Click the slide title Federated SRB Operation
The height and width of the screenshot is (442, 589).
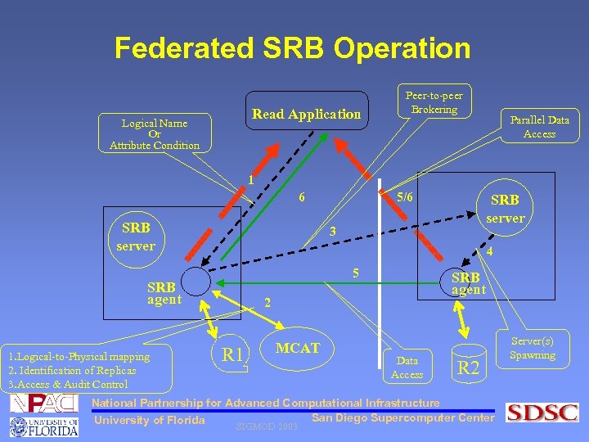click(x=293, y=47)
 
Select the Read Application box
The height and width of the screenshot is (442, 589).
click(x=306, y=115)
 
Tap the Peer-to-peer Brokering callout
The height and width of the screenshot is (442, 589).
click(x=434, y=102)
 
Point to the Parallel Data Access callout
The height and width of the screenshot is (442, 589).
click(x=539, y=126)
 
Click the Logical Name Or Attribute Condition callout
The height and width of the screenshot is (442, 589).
click(x=155, y=134)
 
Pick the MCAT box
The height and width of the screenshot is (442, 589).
click(x=298, y=348)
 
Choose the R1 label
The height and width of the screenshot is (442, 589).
click(x=233, y=354)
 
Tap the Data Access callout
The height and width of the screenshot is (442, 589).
click(x=407, y=368)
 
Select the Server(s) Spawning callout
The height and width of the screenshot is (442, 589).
click(x=532, y=348)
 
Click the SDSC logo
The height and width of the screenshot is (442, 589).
click(x=542, y=413)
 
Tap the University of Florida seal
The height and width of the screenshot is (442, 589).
click(x=21, y=427)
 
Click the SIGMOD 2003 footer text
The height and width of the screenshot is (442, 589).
click(x=266, y=426)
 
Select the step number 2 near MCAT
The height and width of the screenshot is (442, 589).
click(x=267, y=302)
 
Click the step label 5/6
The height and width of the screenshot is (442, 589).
click(x=405, y=197)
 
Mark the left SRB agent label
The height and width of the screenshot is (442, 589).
click(x=164, y=293)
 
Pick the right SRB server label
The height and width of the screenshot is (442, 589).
click(x=505, y=209)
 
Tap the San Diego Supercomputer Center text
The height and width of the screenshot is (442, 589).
click(x=403, y=418)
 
